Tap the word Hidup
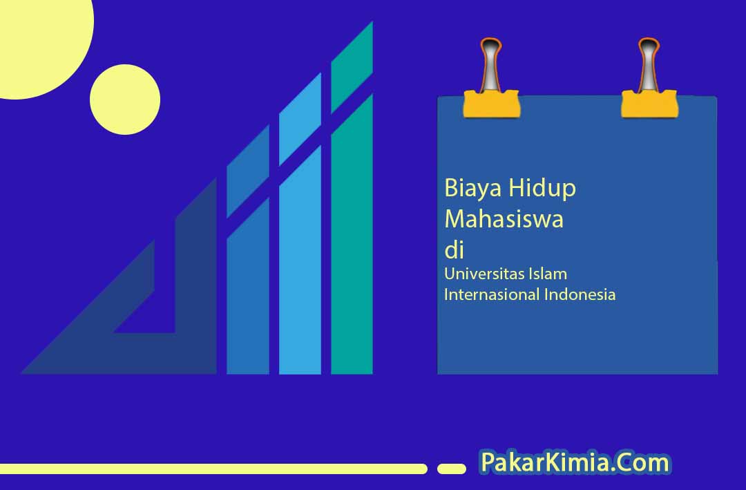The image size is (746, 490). pos(542,188)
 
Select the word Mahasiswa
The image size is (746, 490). pos(504,219)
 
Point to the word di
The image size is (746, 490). pos(454,250)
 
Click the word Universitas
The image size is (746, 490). pos(478,274)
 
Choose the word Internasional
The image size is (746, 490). pos(492,294)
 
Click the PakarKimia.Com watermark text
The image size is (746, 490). pos(575,462)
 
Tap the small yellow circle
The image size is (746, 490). pos(125,100)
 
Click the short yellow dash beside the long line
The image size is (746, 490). pos(452,469)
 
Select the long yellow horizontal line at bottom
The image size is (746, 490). pos(213,469)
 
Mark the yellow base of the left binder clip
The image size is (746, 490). pos(492,104)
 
